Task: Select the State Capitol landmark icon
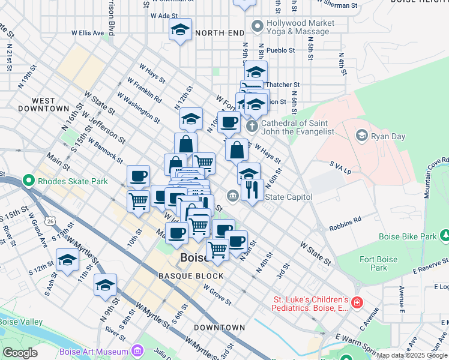point(233,196)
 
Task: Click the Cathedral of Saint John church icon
point(252,126)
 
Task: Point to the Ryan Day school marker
point(361,136)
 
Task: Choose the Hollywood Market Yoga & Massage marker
point(258,26)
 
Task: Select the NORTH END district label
point(219,32)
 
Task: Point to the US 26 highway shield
point(49,222)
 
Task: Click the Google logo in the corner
point(20,352)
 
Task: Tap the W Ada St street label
point(164,16)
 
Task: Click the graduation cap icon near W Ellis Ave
point(180,30)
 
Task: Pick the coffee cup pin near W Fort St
point(228,123)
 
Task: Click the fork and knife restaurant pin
point(252,190)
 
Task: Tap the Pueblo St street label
point(280,50)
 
